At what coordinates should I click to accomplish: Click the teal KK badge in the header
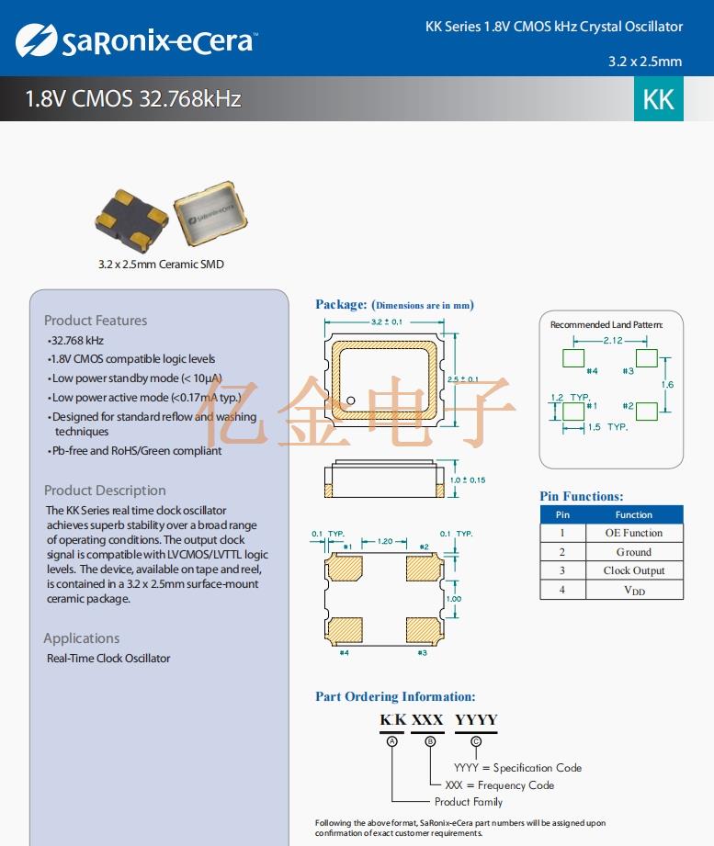[x=659, y=99]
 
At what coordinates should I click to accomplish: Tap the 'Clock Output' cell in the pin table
[x=634, y=570]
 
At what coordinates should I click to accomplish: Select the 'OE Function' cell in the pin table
[x=634, y=533]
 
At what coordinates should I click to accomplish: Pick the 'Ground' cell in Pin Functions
[x=634, y=552]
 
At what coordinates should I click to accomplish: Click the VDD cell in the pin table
[x=634, y=591]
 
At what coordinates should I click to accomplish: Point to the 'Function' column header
[x=634, y=514]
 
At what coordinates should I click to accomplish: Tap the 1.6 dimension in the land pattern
[x=667, y=384]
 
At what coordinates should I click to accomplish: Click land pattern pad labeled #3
[x=646, y=357]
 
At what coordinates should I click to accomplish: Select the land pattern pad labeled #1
[x=573, y=410]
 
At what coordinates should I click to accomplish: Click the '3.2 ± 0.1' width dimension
[x=387, y=322]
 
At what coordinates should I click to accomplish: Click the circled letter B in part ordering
[x=429, y=741]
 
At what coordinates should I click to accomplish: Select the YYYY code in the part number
[x=476, y=720]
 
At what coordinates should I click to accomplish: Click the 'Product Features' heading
[x=96, y=321]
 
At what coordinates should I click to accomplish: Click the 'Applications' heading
[x=82, y=638]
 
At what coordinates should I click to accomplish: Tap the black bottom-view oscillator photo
[x=131, y=220]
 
